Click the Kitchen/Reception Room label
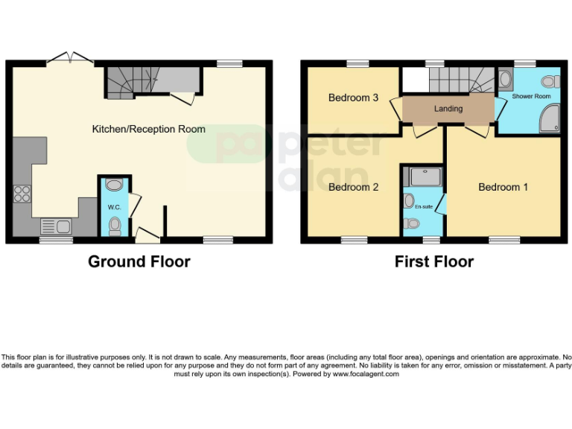tap(148, 129)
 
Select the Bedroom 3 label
tap(354, 98)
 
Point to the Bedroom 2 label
tap(354, 187)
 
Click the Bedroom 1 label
tap(503, 187)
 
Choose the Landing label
tap(448, 109)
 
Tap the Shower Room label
tap(531, 97)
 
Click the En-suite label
tap(423, 206)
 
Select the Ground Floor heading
tap(139, 261)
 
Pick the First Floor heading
tap(434, 261)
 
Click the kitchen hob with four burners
tap(22, 193)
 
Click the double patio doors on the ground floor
tap(70, 58)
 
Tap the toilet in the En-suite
tap(410, 223)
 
